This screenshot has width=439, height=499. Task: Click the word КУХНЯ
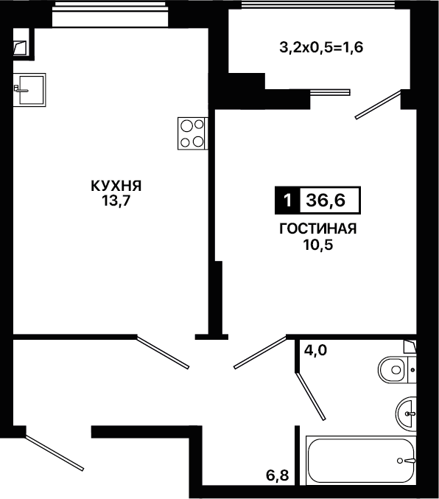tap(116, 186)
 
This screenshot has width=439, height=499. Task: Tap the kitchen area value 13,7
tap(116, 200)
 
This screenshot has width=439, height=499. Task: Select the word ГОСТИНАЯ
tap(317, 228)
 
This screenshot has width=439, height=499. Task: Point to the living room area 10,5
tap(317, 245)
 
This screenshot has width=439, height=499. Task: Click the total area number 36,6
tap(326, 200)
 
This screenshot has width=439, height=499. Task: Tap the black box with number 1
tap(287, 200)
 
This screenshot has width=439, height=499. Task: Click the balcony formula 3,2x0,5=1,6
tap(321, 48)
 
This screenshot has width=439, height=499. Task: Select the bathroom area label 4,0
tap(315, 350)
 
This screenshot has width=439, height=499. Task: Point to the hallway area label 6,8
tap(278, 475)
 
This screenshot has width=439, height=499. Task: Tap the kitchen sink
tap(29, 90)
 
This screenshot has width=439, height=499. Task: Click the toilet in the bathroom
tap(397, 370)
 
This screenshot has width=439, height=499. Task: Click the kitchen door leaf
tap(163, 352)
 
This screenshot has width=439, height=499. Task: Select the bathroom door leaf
tap(311, 397)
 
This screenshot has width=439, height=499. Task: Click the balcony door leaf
tap(378, 105)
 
